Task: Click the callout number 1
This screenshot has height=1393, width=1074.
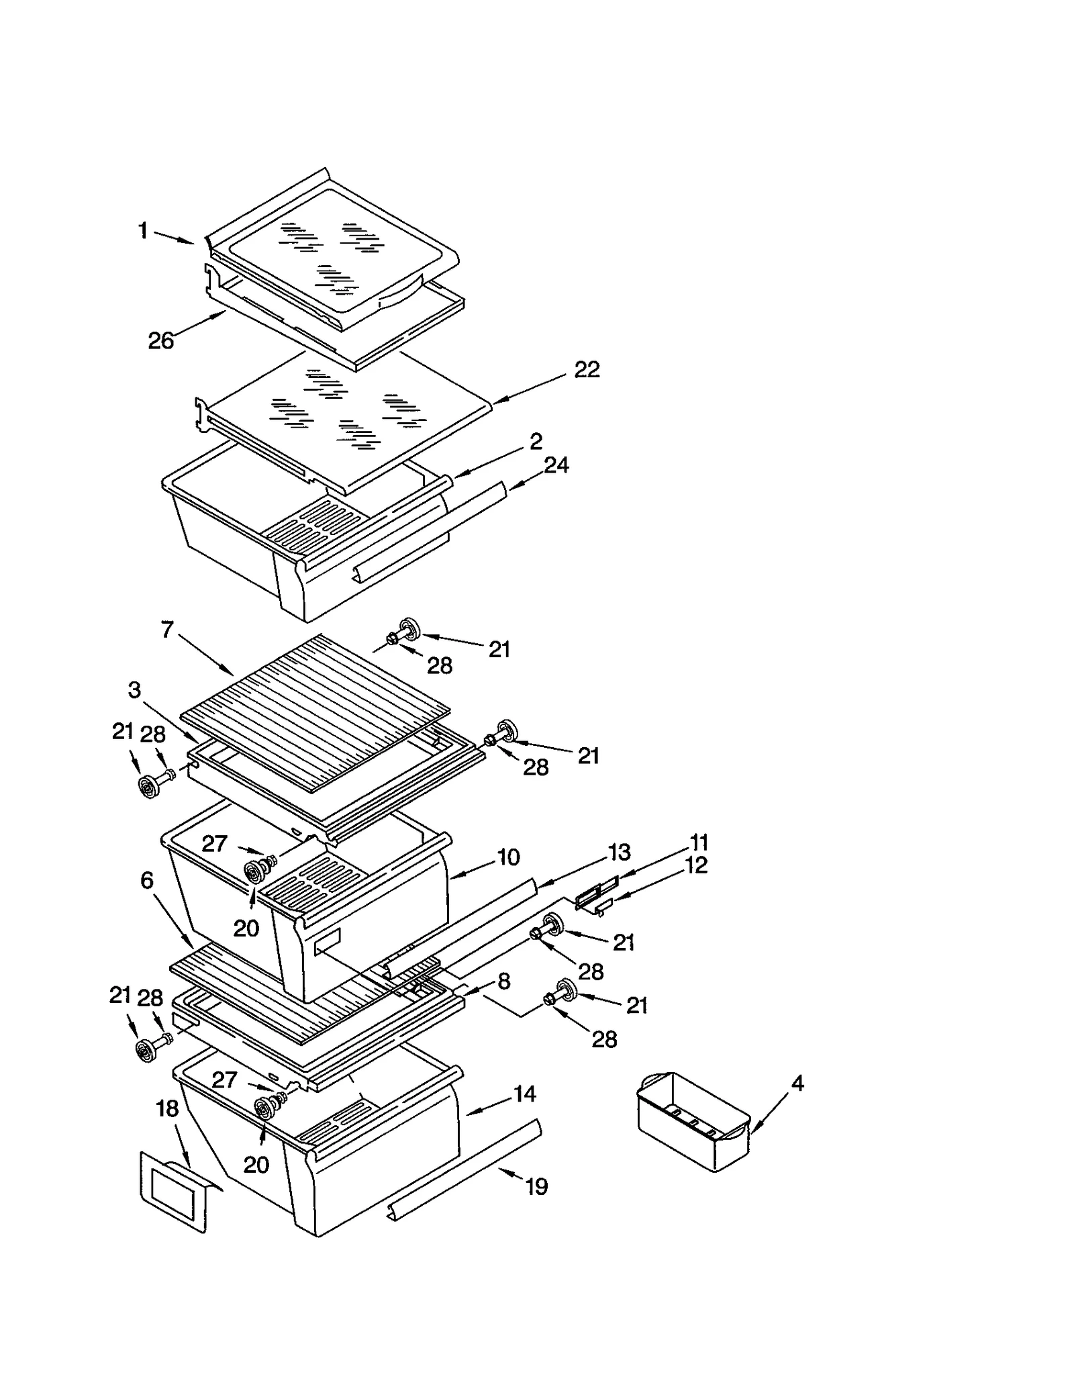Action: tap(142, 231)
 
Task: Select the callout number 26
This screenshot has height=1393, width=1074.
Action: tap(161, 341)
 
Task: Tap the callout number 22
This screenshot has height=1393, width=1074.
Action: tap(587, 369)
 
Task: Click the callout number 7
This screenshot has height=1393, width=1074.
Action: tap(167, 630)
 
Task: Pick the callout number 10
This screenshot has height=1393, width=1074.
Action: tap(508, 857)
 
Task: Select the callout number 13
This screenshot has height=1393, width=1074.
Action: tap(619, 852)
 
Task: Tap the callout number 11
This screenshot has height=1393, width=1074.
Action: tap(699, 842)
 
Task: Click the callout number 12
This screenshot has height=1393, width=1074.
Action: tap(696, 865)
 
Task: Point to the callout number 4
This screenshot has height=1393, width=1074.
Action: tap(797, 1083)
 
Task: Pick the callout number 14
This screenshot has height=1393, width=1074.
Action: tap(524, 1094)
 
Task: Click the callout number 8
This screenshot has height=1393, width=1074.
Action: tap(503, 981)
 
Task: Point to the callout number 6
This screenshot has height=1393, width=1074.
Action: tap(147, 880)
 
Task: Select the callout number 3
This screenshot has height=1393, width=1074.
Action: tap(134, 690)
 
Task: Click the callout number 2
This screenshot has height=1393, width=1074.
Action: tap(536, 441)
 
